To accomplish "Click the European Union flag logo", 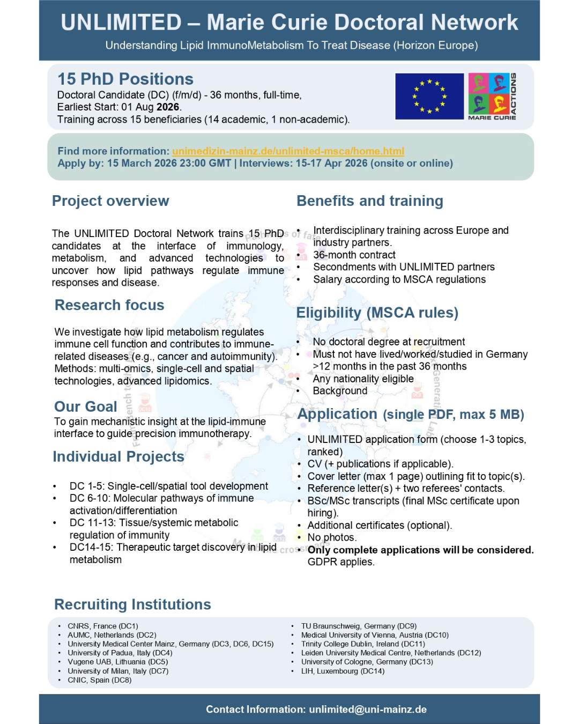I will pyautogui.click(x=429, y=96).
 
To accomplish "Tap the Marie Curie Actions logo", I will pyautogui.click(x=492, y=96).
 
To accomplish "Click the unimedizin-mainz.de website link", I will pyautogui.click(x=288, y=151).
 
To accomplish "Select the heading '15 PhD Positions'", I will pyautogui.click(x=125, y=79).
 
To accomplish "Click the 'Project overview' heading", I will pyautogui.click(x=110, y=201).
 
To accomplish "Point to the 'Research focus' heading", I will pyautogui.click(x=109, y=305).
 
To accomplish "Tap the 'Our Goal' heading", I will pyautogui.click(x=86, y=407).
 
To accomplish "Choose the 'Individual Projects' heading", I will pyautogui.click(x=118, y=456).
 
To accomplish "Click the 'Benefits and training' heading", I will pyautogui.click(x=370, y=201).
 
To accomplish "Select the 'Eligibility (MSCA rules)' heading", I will pyautogui.click(x=377, y=313).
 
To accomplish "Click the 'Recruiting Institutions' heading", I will pyautogui.click(x=132, y=604).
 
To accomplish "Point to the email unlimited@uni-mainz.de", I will pyautogui.click(x=368, y=709).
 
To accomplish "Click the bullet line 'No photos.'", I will pyautogui.click(x=332, y=537).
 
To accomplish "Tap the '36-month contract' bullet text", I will pyautogui.click(x=354, y=255).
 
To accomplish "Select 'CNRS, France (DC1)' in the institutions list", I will pyautogui.click(x=103, y=626).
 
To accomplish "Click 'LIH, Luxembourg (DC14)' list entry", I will pyautogui.click(x=343, y=671).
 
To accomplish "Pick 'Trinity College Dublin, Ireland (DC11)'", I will pyautogui.click(x=363, y=644).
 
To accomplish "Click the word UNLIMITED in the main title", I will pyautogui.click(x=121, y=23).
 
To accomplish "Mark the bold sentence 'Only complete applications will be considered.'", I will pyautogui.click(x=420, y=550).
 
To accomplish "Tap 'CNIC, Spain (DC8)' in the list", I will pyautogui.click(x=100, y=680).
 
